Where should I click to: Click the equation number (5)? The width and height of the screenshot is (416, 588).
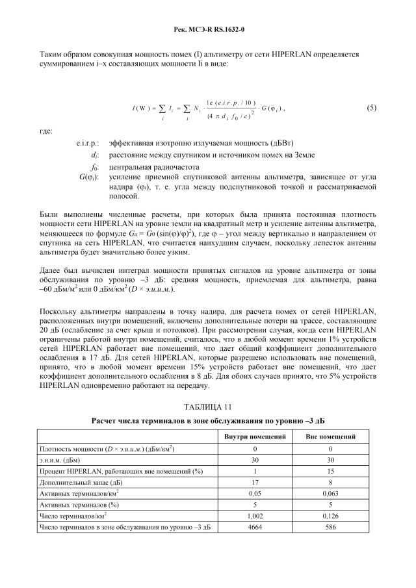coord(370,107)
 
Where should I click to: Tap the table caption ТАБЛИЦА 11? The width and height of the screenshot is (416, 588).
coord(208,407)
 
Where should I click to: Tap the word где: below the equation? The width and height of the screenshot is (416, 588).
coord(46,131)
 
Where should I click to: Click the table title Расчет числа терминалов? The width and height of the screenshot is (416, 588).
coord(208,420)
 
